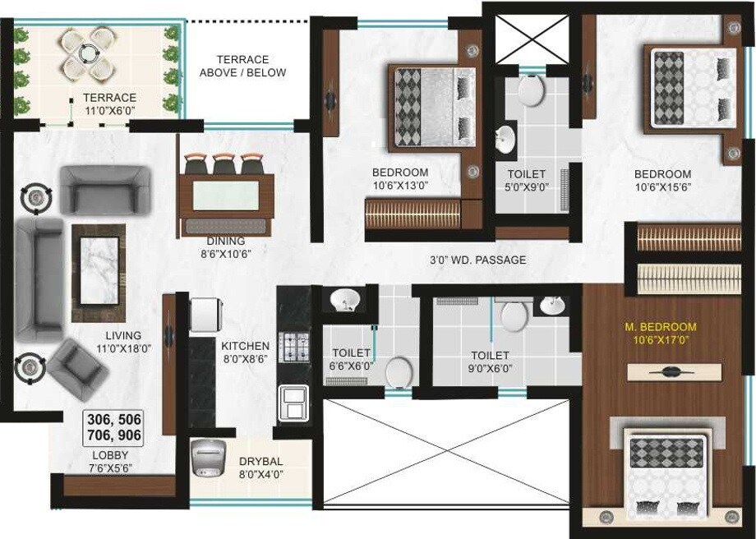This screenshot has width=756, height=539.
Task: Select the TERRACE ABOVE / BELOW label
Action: [243, 66]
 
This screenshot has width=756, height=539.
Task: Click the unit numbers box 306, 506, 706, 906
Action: [114, 427]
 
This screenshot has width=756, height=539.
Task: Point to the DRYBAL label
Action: [261, 461]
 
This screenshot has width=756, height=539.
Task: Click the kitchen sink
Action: [293, 403]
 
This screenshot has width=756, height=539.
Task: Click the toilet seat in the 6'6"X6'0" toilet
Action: [399, 371]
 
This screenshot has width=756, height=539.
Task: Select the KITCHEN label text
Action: [245, 346]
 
